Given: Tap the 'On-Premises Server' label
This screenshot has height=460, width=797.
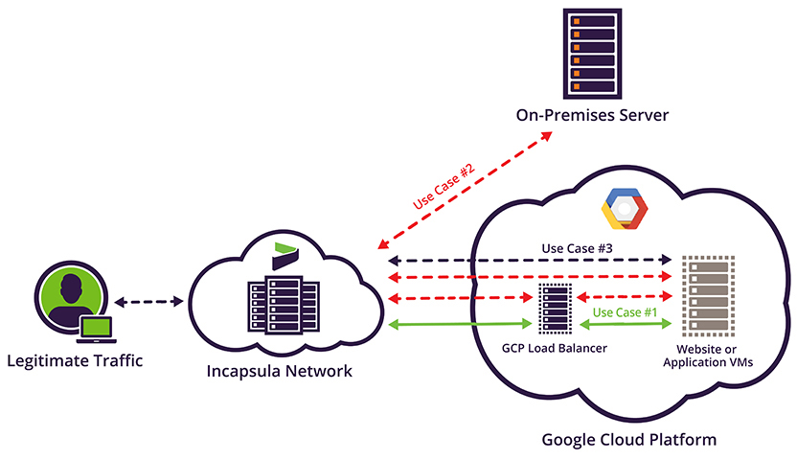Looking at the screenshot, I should coord(590,116).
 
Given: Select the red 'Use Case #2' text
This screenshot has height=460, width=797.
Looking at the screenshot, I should coord(444,189).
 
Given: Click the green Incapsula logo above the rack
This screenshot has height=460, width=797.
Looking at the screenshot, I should coord(285,257).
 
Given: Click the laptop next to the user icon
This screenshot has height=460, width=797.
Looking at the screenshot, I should coord(97,330).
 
